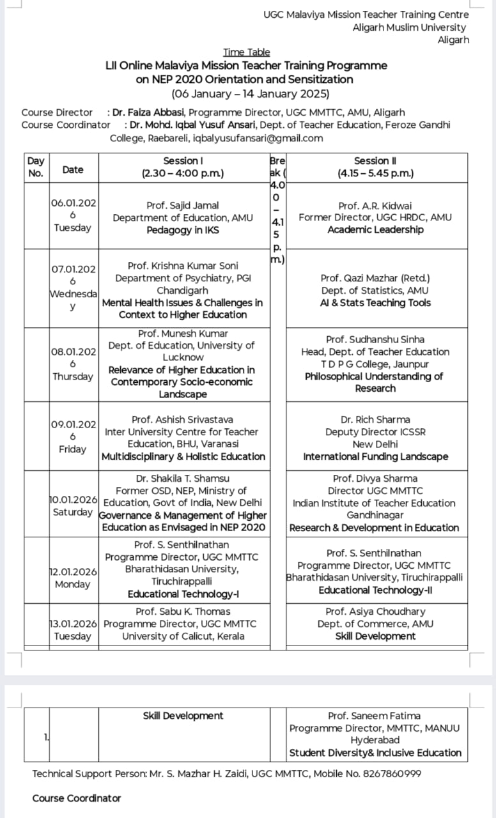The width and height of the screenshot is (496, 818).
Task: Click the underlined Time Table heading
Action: click(x=247, y=52)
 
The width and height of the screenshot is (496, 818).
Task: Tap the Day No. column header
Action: click(x=36, y=167)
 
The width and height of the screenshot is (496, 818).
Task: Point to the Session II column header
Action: click(x=375, y=167)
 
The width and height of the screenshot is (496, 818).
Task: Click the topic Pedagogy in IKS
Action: click(x=183, y=230)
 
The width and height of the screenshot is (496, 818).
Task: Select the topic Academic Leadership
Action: click(x=375, y=230)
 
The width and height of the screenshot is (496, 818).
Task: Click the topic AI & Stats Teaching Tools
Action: click(x=375, y=303)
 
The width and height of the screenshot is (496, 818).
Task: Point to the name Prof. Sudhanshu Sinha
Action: click(x=375, y=339)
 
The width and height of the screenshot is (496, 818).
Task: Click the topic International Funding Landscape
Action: click(x=375, y=457)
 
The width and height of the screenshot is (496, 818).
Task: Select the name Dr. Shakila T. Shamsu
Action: click(x=183, y=478)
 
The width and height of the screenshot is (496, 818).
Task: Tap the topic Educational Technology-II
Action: click(x=375, y=590)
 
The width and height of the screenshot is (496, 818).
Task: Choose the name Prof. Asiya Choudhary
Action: click(x=375, y=612)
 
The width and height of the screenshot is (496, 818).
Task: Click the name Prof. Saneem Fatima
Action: click(x=375, y=716)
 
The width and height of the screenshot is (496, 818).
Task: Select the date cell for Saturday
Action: click(x=74, y=507)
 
